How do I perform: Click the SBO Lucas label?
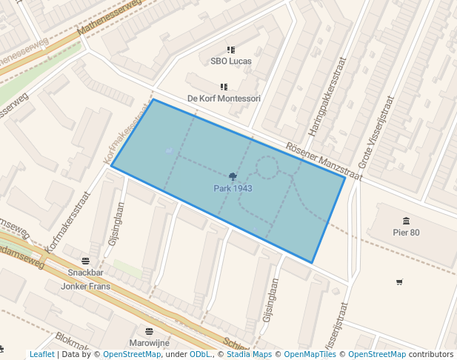click(230, 61)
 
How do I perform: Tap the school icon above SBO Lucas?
click(230, 50)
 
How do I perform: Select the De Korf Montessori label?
click(224, 99)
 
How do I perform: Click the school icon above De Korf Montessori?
click(224, 87)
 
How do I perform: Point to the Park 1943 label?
click(233, 189)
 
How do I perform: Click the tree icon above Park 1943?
click(233, 176)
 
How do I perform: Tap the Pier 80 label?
click(406, 233)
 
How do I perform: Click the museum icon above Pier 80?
click(406, 221)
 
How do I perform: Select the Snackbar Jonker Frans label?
click(86, 279)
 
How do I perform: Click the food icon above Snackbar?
click(86, 261)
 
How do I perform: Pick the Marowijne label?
click(150, 343)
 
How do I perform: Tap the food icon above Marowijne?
click(150, 331)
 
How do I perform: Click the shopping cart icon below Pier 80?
click(400, 281)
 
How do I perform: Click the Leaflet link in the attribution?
click(41, 355)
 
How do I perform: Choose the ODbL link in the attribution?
click(200, 355)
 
